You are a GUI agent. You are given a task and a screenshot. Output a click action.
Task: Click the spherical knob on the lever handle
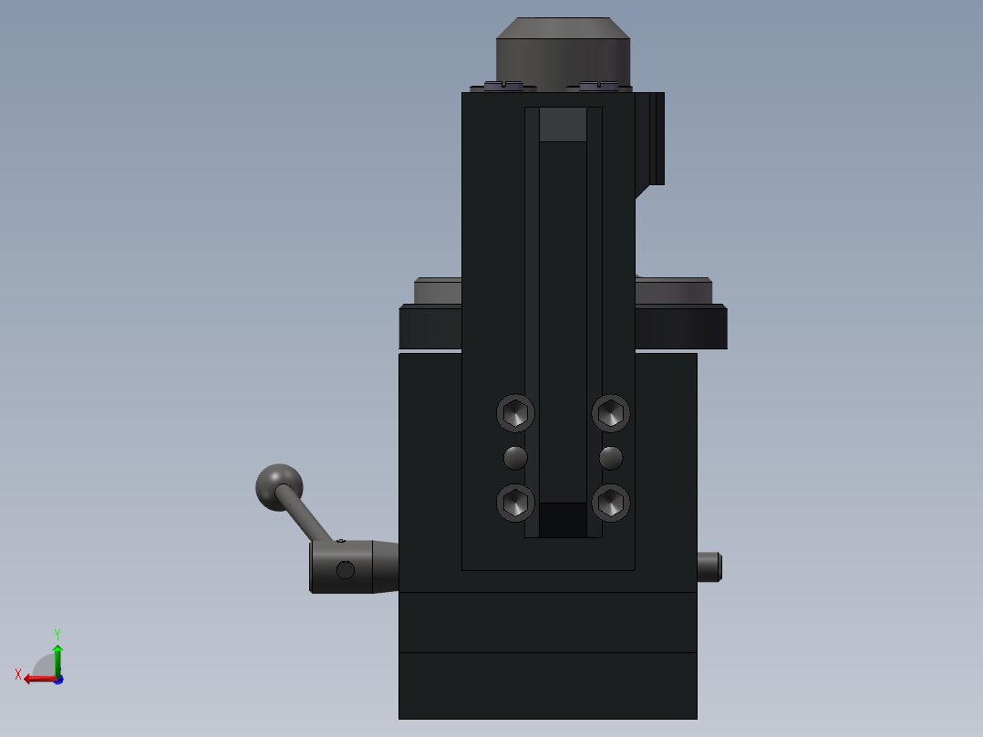(x=278, y=486)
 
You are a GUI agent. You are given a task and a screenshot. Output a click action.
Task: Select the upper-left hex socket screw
(x=515, y=413)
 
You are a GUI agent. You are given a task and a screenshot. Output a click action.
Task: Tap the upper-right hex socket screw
(x=611, y=413)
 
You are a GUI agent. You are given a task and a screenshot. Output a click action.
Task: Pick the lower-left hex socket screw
(x=515, y=503)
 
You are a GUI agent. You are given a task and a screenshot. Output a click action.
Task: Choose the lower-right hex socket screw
(x=611, y=503)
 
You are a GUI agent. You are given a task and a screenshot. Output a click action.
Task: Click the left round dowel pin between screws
(x=515, y=457)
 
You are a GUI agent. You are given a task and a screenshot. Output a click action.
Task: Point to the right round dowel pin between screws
(x=611, y=457)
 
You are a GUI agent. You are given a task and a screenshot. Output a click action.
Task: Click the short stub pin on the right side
(x=709, y=566)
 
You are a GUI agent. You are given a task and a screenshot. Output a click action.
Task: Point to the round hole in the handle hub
(x=345, y=570)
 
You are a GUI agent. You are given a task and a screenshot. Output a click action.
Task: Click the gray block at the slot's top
(x=563, y=125)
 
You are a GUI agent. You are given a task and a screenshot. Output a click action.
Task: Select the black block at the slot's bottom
(x=563, y=520)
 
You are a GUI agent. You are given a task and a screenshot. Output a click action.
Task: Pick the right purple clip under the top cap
(x=598, y=86)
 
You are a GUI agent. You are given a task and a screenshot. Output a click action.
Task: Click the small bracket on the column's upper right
(x=652, y=137)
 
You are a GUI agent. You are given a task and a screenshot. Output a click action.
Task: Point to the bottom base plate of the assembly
(x=547, y=686)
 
